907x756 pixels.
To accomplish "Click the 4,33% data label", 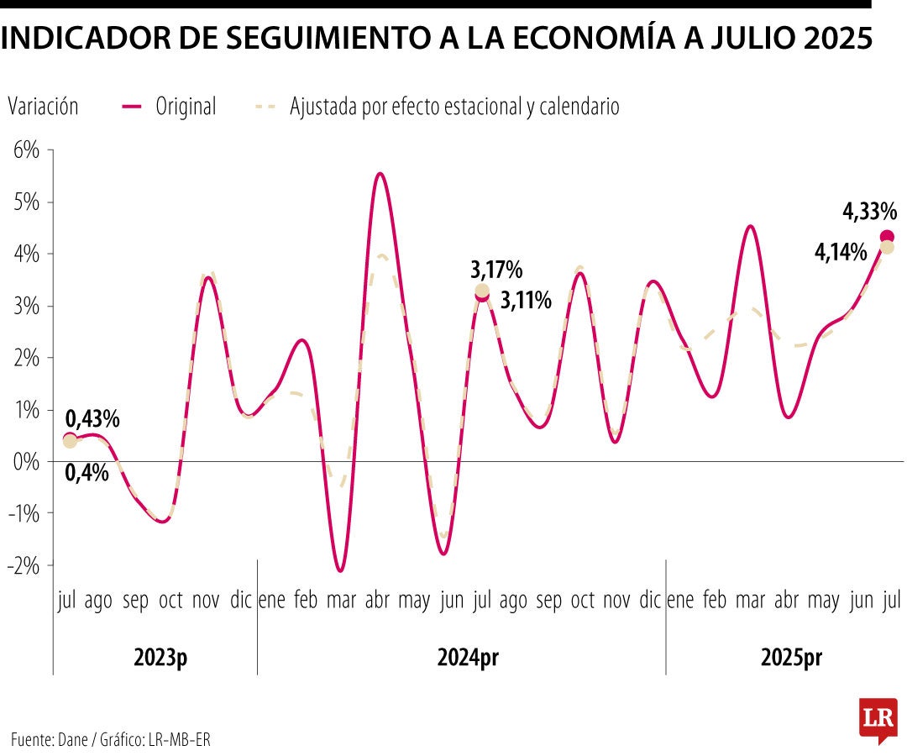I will point(870,211).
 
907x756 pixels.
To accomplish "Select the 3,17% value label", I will point(496,270).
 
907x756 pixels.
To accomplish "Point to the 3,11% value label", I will point(526,300).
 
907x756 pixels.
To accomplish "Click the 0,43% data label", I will point(92,417).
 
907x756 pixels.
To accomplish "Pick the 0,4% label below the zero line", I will point(87,472).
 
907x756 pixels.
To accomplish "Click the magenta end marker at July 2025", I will point(887,237).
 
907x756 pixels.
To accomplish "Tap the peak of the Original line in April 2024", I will point(380,174).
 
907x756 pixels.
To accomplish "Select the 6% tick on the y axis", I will point(26,150).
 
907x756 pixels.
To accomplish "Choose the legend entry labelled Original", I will point(186,107).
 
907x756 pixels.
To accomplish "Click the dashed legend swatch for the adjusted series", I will point(265,107).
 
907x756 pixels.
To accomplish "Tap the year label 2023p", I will point(160,658).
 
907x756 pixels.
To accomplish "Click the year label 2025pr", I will point(791,658).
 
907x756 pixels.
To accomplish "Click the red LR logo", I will point(878,719).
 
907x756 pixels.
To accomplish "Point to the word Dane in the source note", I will point(77,739).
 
